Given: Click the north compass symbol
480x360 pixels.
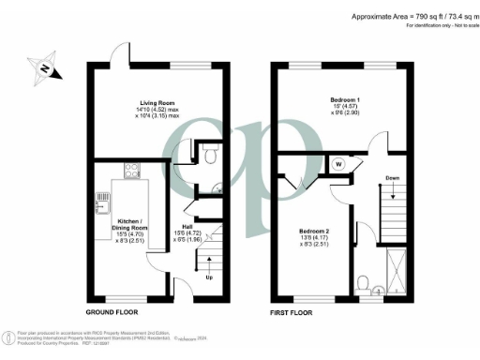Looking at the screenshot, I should point(44,69).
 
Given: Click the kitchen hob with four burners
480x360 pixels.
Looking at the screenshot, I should point(131,172).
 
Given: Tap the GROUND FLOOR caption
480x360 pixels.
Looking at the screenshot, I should point(112,309).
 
